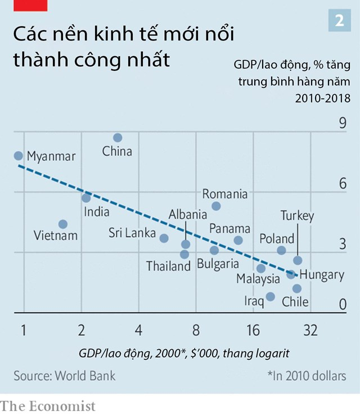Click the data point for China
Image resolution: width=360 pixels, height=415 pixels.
pyautogui.click(x=118, y=138)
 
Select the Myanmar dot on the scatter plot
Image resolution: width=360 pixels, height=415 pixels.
pyautogui.click(x=19, y=156)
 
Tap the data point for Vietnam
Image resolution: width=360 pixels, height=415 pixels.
pyautogui.click(x=63, y=224)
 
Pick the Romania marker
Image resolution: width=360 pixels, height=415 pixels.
pyautogui.click(x=216, y=206)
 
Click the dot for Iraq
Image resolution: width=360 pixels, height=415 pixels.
pyautogui.click(x=271, y=296)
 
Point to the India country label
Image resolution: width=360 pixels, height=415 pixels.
pyautogui.click(x=97, y=213)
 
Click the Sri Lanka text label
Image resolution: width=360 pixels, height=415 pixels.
pyautogui.click(x=132, y=233)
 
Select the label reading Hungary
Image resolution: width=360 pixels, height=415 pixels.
pyautogui.click(x=322, y=274)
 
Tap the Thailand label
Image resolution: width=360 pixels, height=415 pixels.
pyautogui.click(x=169, y=266)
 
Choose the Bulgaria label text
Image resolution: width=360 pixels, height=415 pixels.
pyautogui.click(x=218, y=263)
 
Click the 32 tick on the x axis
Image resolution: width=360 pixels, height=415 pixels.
pyautogui.click(x=310, y=331)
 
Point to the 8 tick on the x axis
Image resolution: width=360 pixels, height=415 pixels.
pyautogui.click(x=195, y=331)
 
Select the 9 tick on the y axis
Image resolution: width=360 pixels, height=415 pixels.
pyautogui.click(x=341, y=123)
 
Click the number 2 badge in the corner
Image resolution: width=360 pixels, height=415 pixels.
pyautogui.click(x=340, y=21)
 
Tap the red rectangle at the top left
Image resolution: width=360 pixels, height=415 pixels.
pyautogui.click(x=24, y=5)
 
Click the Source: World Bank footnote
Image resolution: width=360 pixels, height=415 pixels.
pyautogui.click(x=65, y=375)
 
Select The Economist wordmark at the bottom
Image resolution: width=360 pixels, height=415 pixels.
pyautogui.click(x=48, y=405)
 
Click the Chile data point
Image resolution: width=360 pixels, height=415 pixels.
pyautogui.click(x=297, y=288)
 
